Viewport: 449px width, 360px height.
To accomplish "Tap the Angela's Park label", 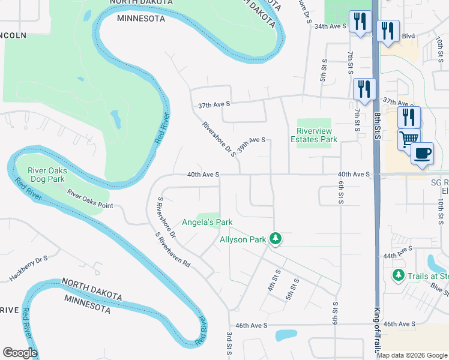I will point(207,222).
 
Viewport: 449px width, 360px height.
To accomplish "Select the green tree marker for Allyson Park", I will point(276,239).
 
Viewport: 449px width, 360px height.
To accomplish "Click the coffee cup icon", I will point(422,152).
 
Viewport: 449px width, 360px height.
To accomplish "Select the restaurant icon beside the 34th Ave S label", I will point(360,23).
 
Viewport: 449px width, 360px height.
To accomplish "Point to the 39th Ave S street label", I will point(251,145).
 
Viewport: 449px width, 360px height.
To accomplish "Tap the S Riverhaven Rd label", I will point(173,250).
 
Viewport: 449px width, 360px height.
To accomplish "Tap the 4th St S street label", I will point(277,280).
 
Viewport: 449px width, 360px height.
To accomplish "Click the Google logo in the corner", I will point(20,352).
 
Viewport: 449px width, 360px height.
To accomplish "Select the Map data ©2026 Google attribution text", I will point(412,355).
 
